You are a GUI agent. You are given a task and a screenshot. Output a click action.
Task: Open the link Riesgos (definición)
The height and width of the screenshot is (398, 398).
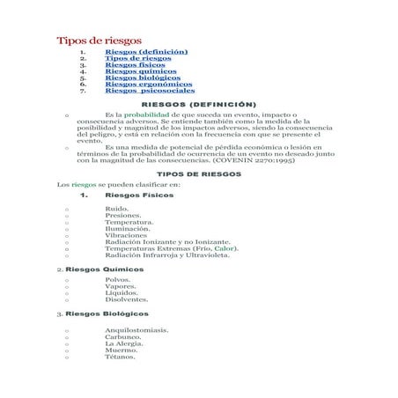145,52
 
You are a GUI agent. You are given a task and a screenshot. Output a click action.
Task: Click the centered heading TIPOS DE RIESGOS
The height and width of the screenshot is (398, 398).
198,174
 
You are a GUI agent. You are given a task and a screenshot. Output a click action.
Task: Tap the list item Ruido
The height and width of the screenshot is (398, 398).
116,209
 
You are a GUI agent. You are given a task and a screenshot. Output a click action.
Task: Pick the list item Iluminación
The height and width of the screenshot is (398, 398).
127,228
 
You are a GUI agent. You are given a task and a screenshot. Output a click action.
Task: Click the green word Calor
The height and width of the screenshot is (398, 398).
225,248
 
